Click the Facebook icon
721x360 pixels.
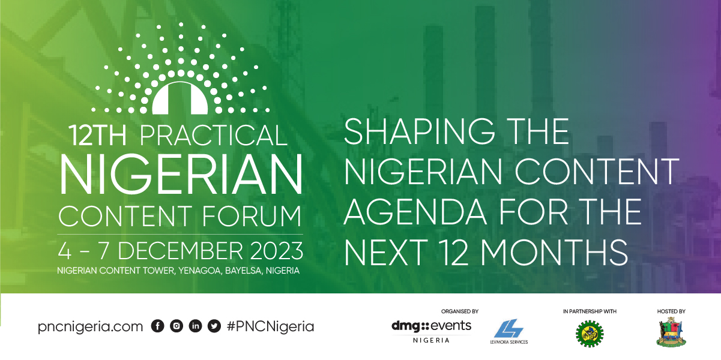click(x=158, y=326)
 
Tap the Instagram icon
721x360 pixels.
click(x=176, y=326)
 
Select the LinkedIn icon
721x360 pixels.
click(x=195, y=326)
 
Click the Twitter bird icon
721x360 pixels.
click(x=214, y=326)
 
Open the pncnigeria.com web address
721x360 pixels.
click(x=90, y=326)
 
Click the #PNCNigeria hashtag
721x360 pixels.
click(x=270, y=326)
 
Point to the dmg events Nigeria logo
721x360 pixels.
click(x=431, y=331)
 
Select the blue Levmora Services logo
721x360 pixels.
click(x=509, y=331)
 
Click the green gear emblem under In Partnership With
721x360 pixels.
click(x=590, y=334)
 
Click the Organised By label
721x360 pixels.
click(x=460, y=311)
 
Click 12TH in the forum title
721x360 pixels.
click(x=97, y=136)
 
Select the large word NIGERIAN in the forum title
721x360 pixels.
click(x=181, y=174)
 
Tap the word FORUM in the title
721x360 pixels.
click(x=252, y=216)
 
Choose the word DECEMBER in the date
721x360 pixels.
click(x=180, y=251)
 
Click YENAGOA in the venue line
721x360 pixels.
click(x=199, y=271)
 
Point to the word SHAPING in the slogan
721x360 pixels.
click(x=420, y=132)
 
